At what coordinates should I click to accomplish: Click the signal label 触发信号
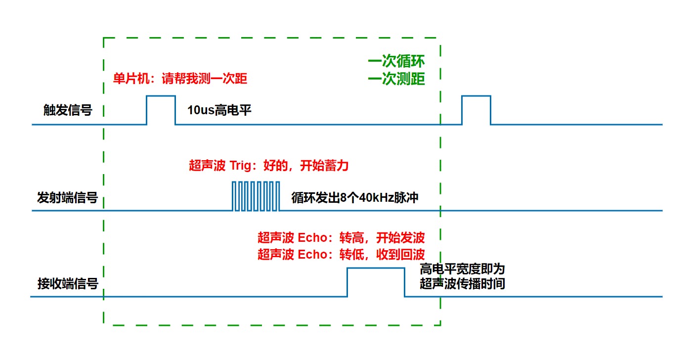(68, 110)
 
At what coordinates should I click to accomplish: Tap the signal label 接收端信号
(68, 284)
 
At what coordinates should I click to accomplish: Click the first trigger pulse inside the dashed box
(161, 110)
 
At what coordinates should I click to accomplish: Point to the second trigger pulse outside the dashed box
(476, 110)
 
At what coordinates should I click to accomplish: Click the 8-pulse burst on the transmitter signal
(256, 196)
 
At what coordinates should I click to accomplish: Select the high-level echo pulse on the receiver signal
(376, 282)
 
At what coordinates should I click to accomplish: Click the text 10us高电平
(219, 110)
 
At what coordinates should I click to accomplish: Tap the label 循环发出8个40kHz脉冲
(355, 198)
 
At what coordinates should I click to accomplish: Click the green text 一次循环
(396, 62)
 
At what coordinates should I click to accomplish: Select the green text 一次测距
(396, 79)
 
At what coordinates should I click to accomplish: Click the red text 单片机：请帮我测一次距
(180, 79)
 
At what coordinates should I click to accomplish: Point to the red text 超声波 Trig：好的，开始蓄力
(268, 165)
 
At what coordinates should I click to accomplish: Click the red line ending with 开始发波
(341, 238)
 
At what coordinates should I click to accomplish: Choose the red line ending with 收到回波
(341, 255)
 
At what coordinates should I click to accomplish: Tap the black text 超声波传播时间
(462, 284)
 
